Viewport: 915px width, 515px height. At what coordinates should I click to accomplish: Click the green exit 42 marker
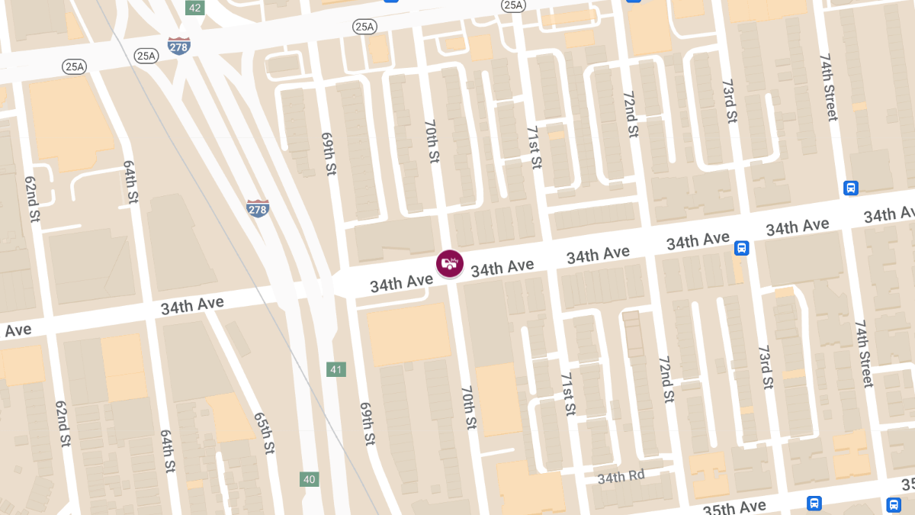pos(195,8)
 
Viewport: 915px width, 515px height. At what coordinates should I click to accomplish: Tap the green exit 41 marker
pos(336,369)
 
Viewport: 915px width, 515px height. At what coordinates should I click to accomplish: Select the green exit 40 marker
pos(309,479)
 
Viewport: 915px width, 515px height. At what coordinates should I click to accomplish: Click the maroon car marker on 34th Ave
pos(450,263)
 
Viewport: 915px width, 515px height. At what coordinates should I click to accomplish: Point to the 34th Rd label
pos(621,477)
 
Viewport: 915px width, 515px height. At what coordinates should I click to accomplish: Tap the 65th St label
pos(264,433)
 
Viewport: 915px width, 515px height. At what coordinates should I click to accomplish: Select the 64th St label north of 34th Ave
pos(130,182)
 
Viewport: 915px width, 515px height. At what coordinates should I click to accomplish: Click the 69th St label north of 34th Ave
pos(329,153)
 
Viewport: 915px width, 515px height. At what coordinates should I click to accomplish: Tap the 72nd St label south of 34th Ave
pos(666,378)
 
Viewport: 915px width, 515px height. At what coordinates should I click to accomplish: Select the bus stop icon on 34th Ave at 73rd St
pos(741,248)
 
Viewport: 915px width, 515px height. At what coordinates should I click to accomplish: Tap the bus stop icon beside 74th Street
pos(851,188)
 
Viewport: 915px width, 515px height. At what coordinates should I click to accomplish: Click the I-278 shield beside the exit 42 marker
pos(179,45)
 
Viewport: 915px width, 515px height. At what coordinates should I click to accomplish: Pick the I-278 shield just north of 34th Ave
pos(258,208)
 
